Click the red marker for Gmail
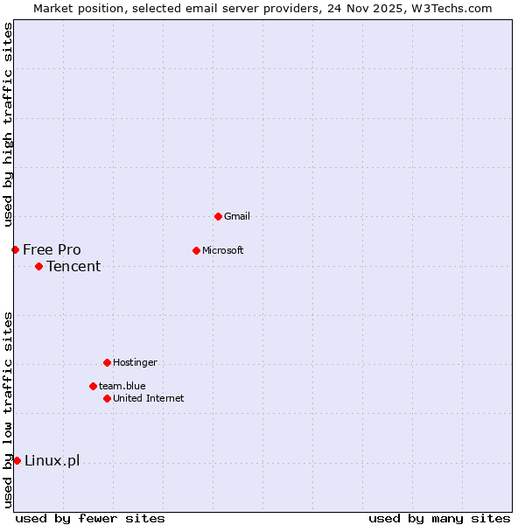tap(218, 216)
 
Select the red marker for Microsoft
tap(196, 250)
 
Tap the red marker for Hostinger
tap(107, 362)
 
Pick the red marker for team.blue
tap(93, 386)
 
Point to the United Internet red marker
tap(107, 398)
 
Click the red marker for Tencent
tap(38, 266)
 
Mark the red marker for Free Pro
tap(15, 249)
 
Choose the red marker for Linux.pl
tap(17, 460)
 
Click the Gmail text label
tap(237, 216)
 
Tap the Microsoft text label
tap(223, 250)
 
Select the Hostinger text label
tap(135, 362)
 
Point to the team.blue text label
tap(122, 386)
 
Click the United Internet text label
tap(149, 398)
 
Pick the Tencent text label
tap(73, 266)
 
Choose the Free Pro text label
tap(52, 249)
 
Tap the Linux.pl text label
tap(52, 461)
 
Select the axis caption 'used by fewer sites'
tap(90, 518)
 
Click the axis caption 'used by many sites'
tap(439, 518)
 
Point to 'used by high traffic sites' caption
tap(8, 124)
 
